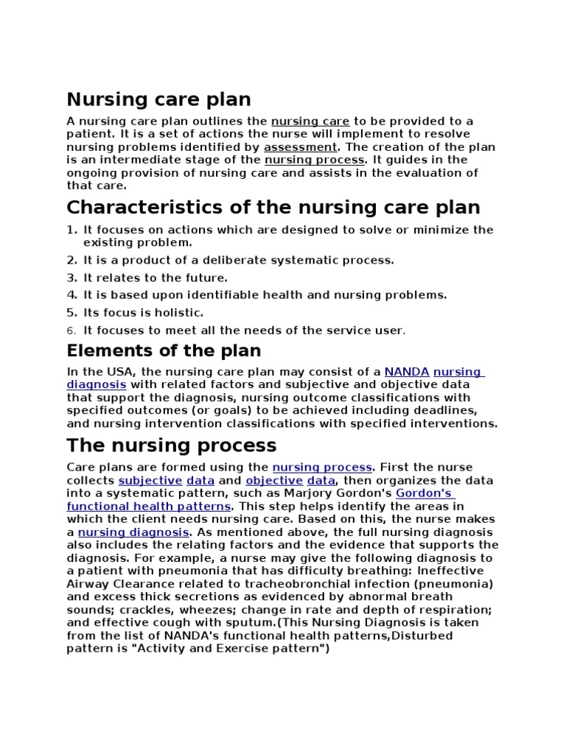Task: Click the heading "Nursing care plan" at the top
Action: (x=158, y=99)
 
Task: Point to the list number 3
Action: (x=71, y=278)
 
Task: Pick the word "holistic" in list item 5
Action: (x=181, y=313)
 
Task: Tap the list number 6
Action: (x=71, y=331)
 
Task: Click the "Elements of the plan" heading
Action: (x=164, y=350)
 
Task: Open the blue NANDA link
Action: (x=406, y=372)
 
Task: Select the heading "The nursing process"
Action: (x=171, y=445)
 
